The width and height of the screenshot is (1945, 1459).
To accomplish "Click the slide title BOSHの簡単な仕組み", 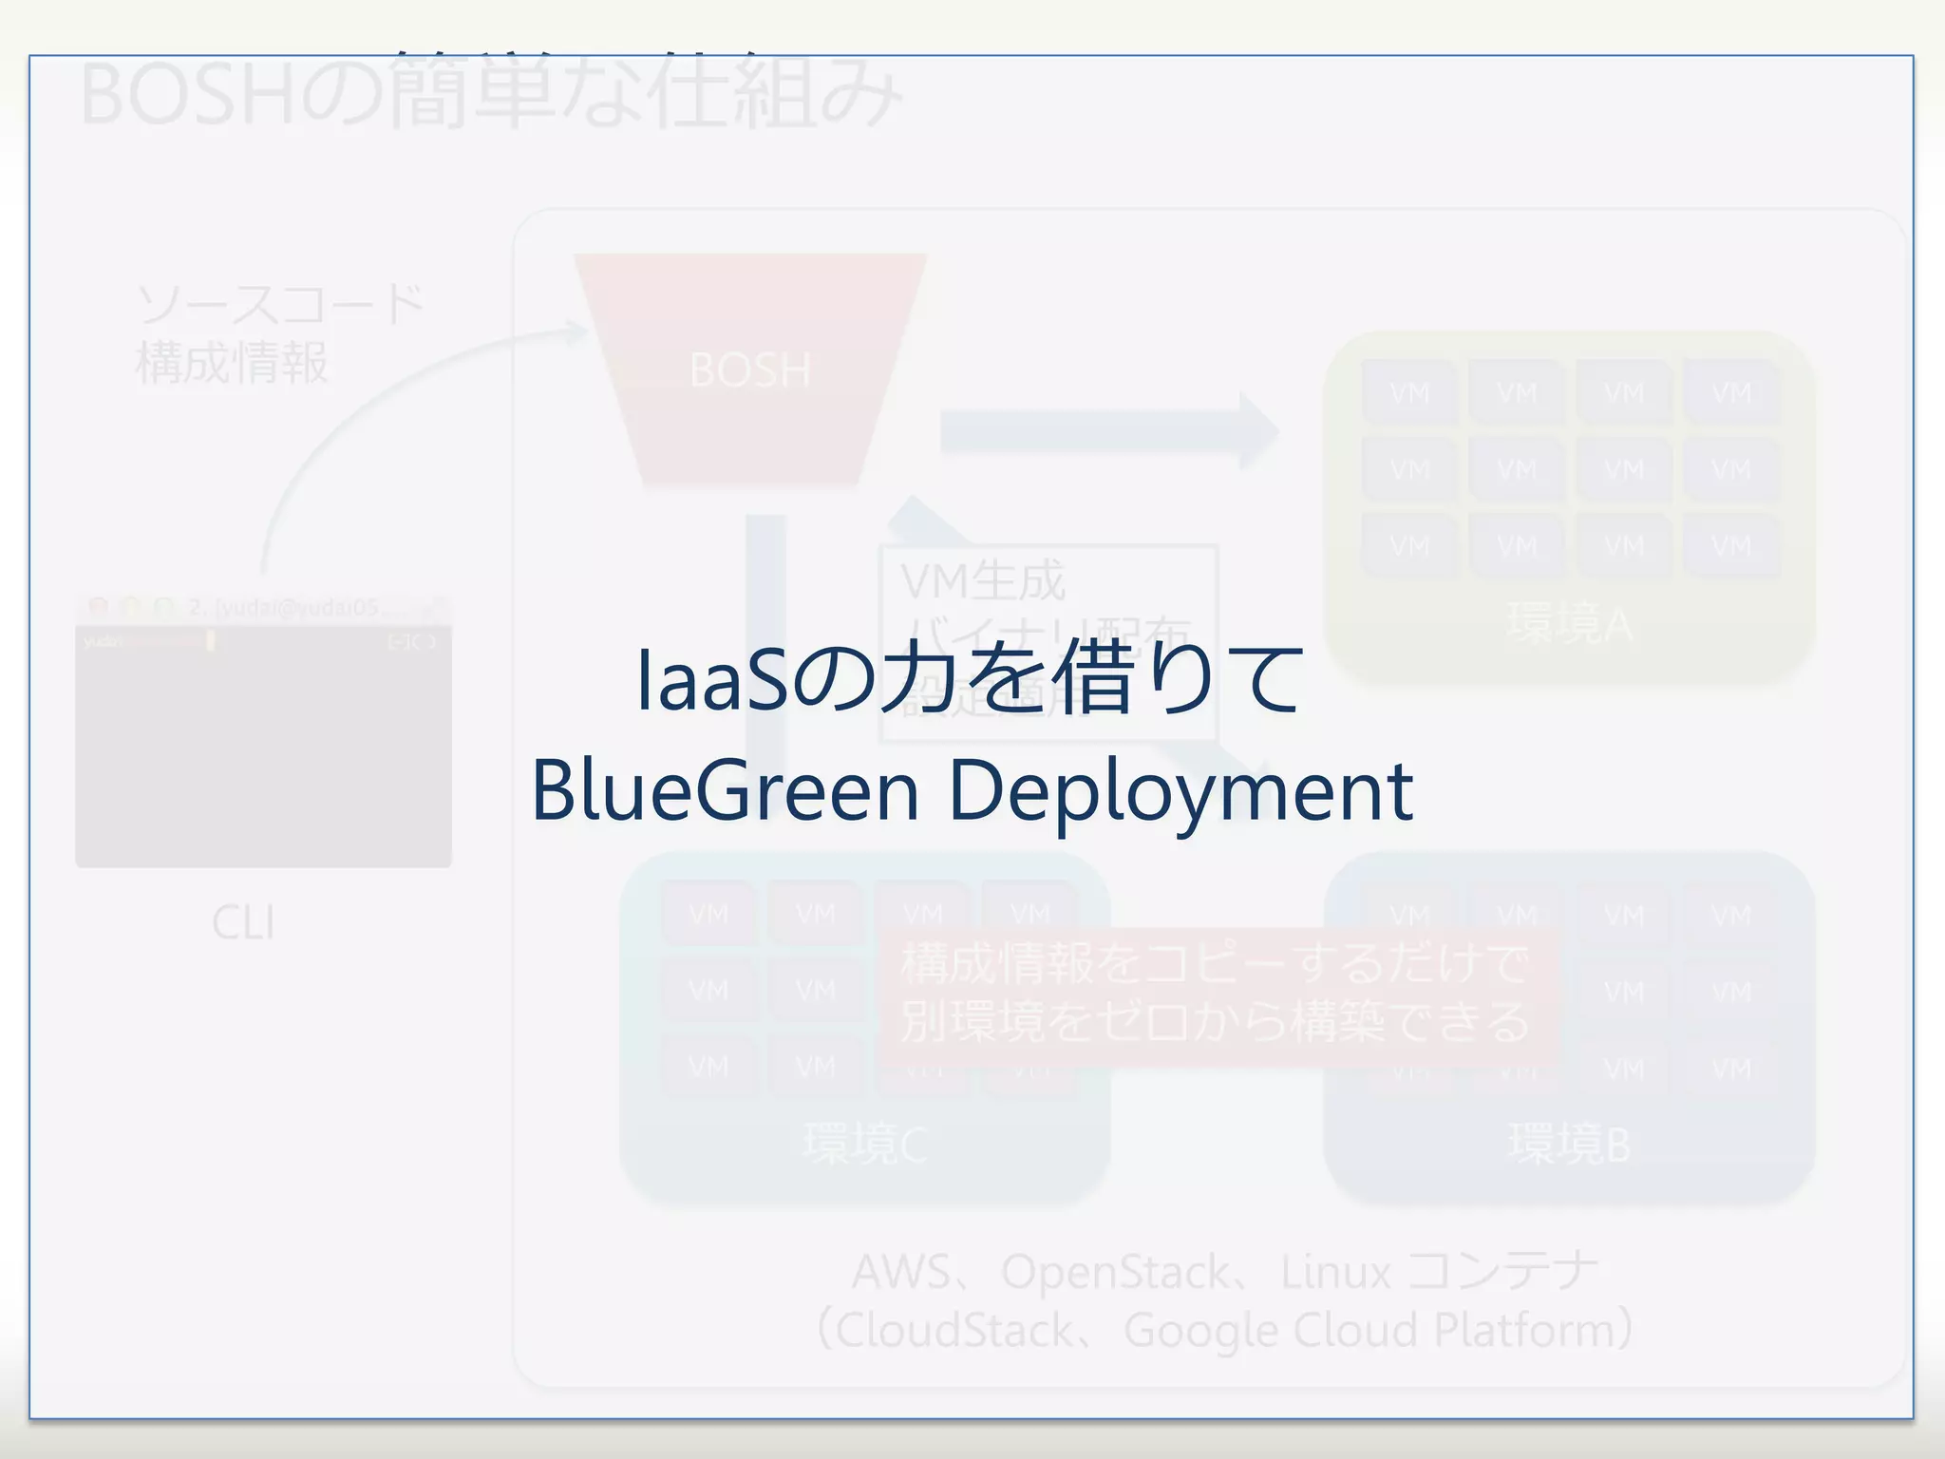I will point(491,92).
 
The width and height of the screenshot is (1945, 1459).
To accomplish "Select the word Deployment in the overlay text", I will point(1180,792).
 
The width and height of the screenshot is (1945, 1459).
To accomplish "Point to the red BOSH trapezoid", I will point(750,369).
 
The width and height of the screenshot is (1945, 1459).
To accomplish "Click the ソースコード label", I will point(280,306).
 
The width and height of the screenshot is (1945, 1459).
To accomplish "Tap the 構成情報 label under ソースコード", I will point(233,363).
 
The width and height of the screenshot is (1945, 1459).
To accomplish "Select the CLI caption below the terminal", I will point(244,922).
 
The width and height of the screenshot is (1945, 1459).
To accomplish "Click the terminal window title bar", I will point(263,608).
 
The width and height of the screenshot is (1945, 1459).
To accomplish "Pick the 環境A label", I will point(1570,624).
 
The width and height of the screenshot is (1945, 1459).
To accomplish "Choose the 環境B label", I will point(1570,1144).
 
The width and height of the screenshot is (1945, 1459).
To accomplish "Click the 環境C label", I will point(865,1144).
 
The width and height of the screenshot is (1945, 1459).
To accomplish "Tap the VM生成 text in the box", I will point(983,581).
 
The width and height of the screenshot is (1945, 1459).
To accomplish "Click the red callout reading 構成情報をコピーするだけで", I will point(1215,963).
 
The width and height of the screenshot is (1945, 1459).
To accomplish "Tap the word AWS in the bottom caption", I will point(899,1272).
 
